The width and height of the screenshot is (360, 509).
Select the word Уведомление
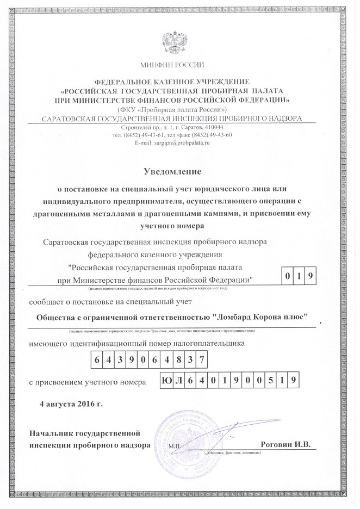click(x=172, y=172)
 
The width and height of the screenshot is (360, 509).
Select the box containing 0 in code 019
click(x=287, y=276)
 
